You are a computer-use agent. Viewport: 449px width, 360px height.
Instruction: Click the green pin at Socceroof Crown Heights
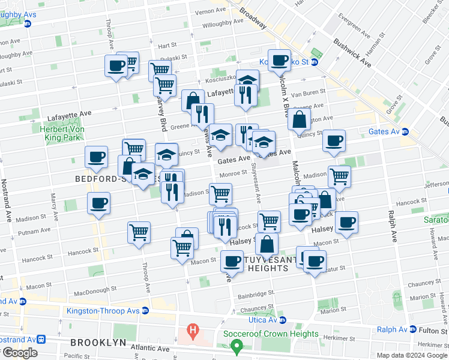[x=237, y=346]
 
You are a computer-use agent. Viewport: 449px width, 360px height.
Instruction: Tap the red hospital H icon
[x=192, y=329]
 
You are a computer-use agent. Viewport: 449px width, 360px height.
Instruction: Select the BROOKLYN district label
[x=98, y=343]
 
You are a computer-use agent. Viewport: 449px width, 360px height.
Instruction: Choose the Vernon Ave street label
[x=210, y=11]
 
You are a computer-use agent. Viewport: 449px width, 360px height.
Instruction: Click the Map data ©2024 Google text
[x=411, y=355]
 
